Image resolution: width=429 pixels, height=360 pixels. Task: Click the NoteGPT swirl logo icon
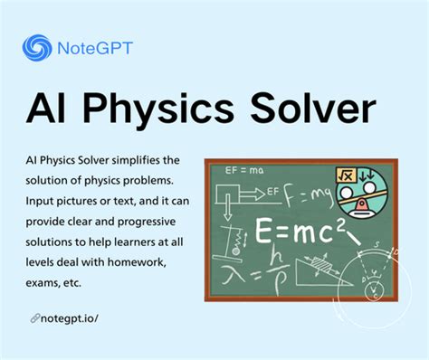pyautogui.click(x=38, y=47)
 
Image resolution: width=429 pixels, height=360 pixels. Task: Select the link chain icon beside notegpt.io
pyautogui.click(x=33, y=317)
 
